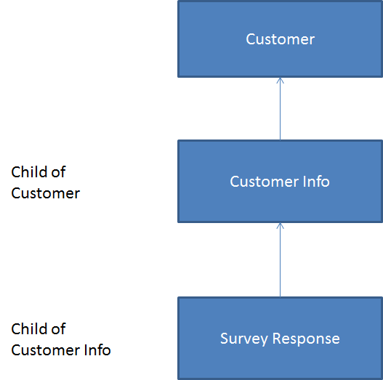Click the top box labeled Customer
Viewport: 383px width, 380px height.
[281, 39]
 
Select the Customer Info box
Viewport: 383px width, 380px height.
[281, 181]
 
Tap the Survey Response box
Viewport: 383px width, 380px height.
[281, 339]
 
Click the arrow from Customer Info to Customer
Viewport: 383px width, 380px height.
[281, 109]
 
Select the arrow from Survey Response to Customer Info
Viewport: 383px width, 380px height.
[281, 260]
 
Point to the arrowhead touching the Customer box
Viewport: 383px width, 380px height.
[281, 80]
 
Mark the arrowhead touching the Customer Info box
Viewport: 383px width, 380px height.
[281, 225]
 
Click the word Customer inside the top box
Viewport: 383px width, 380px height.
[281, 39]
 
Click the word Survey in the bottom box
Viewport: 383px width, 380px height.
[243, 339]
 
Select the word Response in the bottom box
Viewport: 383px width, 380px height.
[306, 339]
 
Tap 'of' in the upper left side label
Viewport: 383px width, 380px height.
[58, 172]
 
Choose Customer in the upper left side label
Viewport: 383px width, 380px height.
[46, 193]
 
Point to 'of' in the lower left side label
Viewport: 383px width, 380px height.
[58, 328]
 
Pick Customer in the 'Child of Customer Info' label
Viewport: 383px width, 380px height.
[46, 350]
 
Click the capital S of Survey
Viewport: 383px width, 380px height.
[225, 339]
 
